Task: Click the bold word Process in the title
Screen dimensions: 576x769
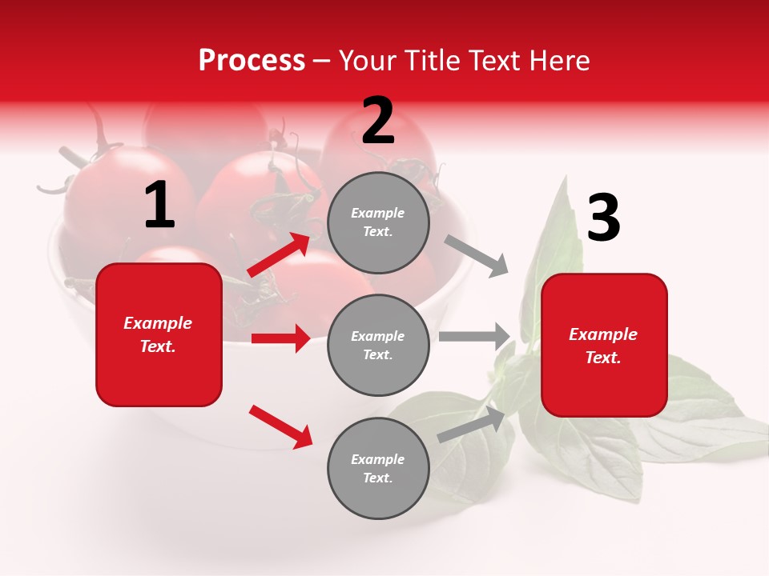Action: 252,61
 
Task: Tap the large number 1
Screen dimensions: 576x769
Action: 159,206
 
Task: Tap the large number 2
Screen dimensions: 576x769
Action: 378,121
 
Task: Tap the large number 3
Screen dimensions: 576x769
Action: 603,218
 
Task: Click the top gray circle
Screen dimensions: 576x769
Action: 378,222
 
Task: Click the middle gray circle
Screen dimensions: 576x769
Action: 378,346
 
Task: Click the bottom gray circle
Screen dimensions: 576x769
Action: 378,469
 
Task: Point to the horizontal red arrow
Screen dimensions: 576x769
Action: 280,338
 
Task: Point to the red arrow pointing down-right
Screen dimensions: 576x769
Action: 280,426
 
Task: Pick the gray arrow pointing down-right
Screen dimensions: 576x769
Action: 477,256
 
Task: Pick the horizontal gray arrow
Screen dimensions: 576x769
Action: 474,337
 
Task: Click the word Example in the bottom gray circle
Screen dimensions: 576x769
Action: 377,459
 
